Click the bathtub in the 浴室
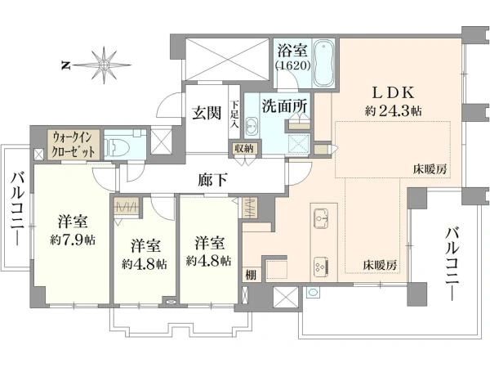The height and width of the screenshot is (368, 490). [x=323, y=63]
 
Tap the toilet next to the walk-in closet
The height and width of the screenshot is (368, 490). [x=116, y=146]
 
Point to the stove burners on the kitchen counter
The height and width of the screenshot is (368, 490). [x=321, y=266]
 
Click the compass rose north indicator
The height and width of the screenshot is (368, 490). [x=103, y=65]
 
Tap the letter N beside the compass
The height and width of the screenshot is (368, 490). [x=65, y=65]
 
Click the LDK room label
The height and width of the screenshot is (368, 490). [x=393, y=92]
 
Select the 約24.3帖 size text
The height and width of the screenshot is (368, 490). [x=393, y=110]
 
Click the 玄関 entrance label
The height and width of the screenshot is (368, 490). [x=207, y=113]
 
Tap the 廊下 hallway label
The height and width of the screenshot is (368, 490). [x=212, y=180]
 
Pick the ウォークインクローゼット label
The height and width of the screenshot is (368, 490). [x=73, y=145]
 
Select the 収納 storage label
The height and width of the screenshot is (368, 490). [x=244, y=149]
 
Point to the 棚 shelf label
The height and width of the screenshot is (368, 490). [x=251, y=275]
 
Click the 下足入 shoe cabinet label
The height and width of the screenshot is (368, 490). [x=234, y=114]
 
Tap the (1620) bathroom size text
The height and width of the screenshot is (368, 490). [x=292, y=65]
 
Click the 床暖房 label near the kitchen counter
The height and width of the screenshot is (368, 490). [x=380, y=266]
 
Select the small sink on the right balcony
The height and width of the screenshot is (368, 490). [x=312, y=292]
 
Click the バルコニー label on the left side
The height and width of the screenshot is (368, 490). [x=17, y=209]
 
